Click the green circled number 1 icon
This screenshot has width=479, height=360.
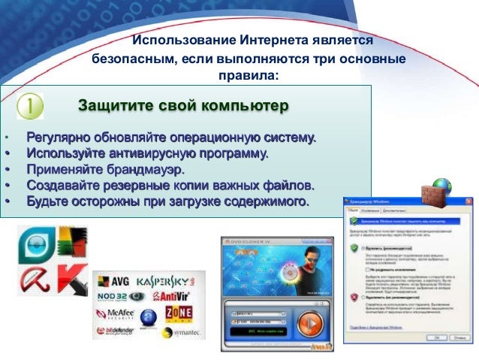click(x=29, y=106)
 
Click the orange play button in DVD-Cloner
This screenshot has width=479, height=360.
click(x=309, y=324)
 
